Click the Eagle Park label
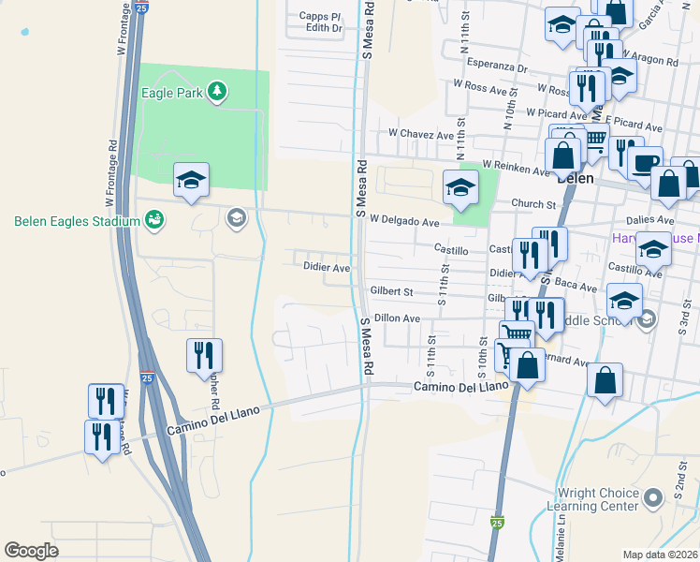[x=173, y=93]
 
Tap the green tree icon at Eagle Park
[x=217, y=91]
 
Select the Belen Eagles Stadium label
[x=76, y=221]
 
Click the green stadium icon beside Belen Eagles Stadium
[x=154, y=220]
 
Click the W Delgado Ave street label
[x=404, y=222]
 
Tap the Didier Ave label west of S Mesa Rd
[x=327, y=267]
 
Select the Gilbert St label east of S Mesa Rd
[x=391, y=292]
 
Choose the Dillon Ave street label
[x=397, y=318]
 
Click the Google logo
[x=32, y=550]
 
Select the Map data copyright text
[x=659, y=555]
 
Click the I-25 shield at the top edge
[x=139, y=7]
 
